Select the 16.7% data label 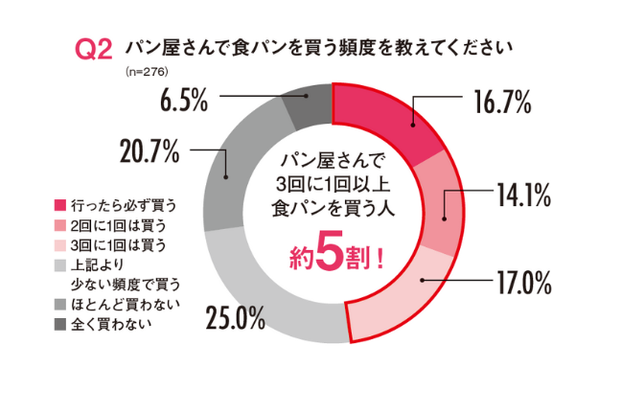pos(498,103)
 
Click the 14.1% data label pos(522,196)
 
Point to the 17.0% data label pos(522,283)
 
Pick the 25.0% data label pos(235,319)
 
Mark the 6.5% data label pos(184,100)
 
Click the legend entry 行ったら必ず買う pos(125,204)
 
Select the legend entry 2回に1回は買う pos(120,224)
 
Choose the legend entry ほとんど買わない pos(125,304)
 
